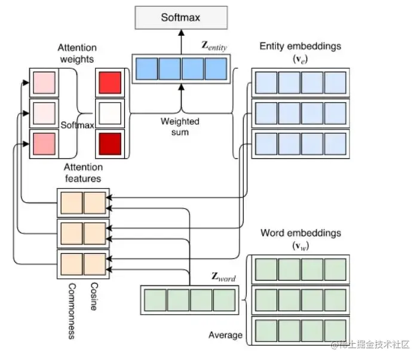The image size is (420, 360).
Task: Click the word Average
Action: [x=225, y=335]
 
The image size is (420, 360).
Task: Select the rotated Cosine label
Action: [x=94, y=296]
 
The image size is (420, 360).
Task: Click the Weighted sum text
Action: [x=180, y=126]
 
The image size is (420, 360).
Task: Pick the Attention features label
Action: [x=82, y=172]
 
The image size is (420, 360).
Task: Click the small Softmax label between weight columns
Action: [x=77, y=125]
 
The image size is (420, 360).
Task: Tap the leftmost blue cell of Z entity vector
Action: [x=145, y=69]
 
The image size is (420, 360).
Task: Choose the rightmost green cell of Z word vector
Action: [x=223, y=299]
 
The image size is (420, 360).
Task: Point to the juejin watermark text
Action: [x=370, y=345]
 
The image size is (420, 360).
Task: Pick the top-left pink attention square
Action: [x=44, y=82]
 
